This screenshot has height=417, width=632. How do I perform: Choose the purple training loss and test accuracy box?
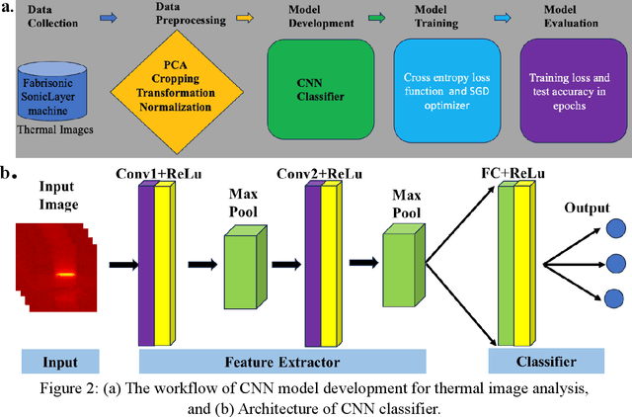coord(570,82)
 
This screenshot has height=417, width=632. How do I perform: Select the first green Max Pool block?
coord(248,263)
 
